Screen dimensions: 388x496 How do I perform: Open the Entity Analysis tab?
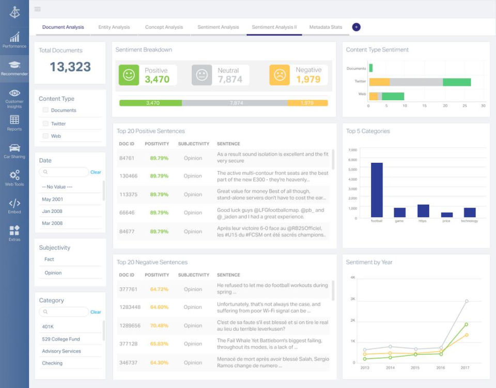114,27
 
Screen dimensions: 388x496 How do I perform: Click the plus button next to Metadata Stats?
356,27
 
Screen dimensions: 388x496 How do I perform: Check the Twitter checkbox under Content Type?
45,123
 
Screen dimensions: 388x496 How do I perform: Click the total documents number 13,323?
70,67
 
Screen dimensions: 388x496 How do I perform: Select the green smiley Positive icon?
129,75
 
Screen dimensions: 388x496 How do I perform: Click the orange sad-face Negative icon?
280,75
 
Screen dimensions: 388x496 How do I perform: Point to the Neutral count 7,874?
230,80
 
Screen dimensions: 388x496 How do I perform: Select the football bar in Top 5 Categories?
377,190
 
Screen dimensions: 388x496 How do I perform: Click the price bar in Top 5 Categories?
447,214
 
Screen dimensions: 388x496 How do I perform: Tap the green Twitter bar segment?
457,82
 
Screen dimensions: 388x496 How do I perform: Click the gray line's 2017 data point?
467,301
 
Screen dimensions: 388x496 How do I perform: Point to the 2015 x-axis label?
414,368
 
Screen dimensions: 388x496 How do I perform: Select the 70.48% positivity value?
159,325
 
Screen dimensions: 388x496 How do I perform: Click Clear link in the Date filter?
96,172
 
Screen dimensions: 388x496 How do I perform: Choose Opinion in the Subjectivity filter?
53,273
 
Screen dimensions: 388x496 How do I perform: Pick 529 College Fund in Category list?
61,339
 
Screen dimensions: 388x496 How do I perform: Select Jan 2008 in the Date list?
52,211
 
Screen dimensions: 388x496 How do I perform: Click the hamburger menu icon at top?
37,9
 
